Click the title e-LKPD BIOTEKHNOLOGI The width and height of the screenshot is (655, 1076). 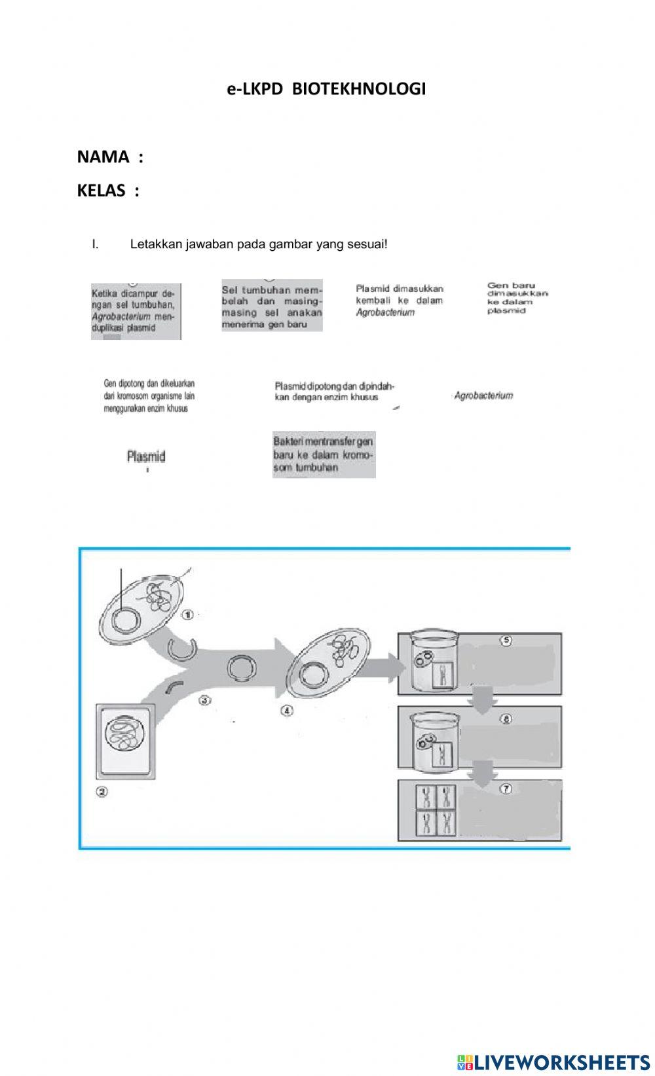326,89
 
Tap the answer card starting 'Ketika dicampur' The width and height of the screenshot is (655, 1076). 136,311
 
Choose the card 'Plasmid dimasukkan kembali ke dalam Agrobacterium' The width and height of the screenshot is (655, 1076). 400,301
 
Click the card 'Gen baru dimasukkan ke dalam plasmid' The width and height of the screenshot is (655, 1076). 517,298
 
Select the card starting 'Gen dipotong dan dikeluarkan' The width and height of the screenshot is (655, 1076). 149,396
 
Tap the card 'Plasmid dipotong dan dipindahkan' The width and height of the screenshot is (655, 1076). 334,392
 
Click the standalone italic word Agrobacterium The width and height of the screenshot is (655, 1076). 483,396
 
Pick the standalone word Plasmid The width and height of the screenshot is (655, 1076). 145,456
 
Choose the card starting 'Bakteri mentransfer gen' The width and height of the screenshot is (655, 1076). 324,455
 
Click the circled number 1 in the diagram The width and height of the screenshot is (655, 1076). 187,614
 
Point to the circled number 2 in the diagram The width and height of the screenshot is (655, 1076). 102,792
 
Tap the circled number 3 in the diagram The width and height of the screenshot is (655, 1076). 204,700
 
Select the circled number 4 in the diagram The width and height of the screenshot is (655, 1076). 286,711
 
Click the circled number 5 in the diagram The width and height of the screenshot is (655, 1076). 506,640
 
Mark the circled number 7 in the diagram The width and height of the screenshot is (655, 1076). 506,788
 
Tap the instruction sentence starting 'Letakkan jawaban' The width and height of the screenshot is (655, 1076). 259,244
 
